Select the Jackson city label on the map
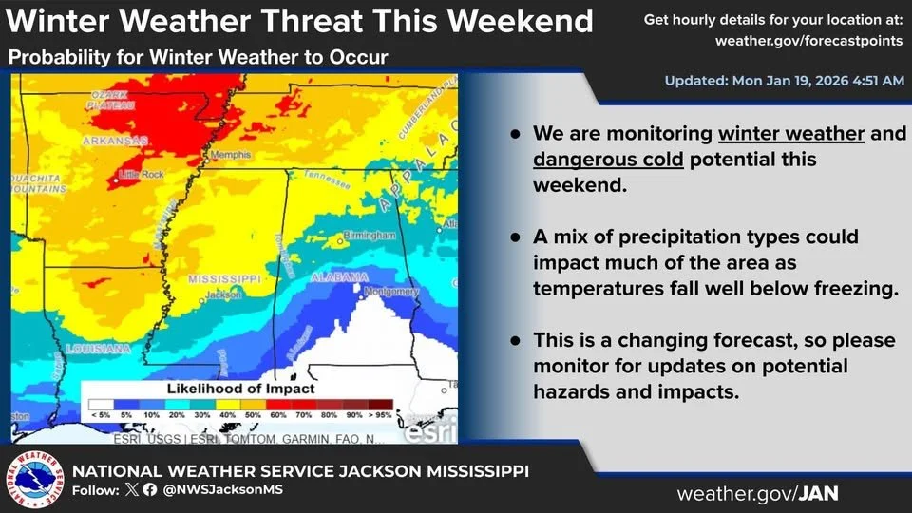tap(223, 294)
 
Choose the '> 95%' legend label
tap(380, 416)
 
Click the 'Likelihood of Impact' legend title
tap(240, 389)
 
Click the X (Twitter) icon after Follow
tap(132, 490)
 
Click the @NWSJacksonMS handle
tap(223, 490)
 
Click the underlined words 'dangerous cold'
tap(608, 160)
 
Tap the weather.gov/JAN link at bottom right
tap(757, 494)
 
